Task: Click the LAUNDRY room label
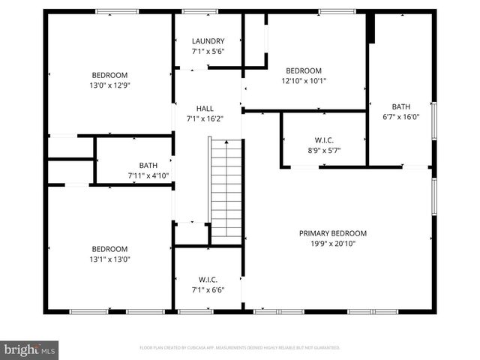click(x=208, y=41)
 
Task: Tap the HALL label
click(x=205, y=109)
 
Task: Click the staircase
click(x=226, y=191)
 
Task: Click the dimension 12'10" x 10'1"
click(x=304, y=80)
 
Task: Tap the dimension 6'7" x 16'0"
click(x=400, y=116)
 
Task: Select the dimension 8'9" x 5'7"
click(x=324, y=150)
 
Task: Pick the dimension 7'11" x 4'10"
click(x=148, y=175)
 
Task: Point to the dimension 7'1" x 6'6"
click(x=208, y=289)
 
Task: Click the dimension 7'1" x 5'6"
click(x=208, y=51)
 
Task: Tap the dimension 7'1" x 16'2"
click(x=205, y=118)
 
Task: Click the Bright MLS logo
click(x=29, y=349)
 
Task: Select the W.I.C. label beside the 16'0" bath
click(x=324, y=140)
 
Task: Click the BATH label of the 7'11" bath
click(x=148, y=166)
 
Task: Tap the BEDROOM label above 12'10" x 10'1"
click(x=304, y=70)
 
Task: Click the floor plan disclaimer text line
click(x=240, y=348)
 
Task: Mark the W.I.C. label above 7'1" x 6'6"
click(x=208, y=280)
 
